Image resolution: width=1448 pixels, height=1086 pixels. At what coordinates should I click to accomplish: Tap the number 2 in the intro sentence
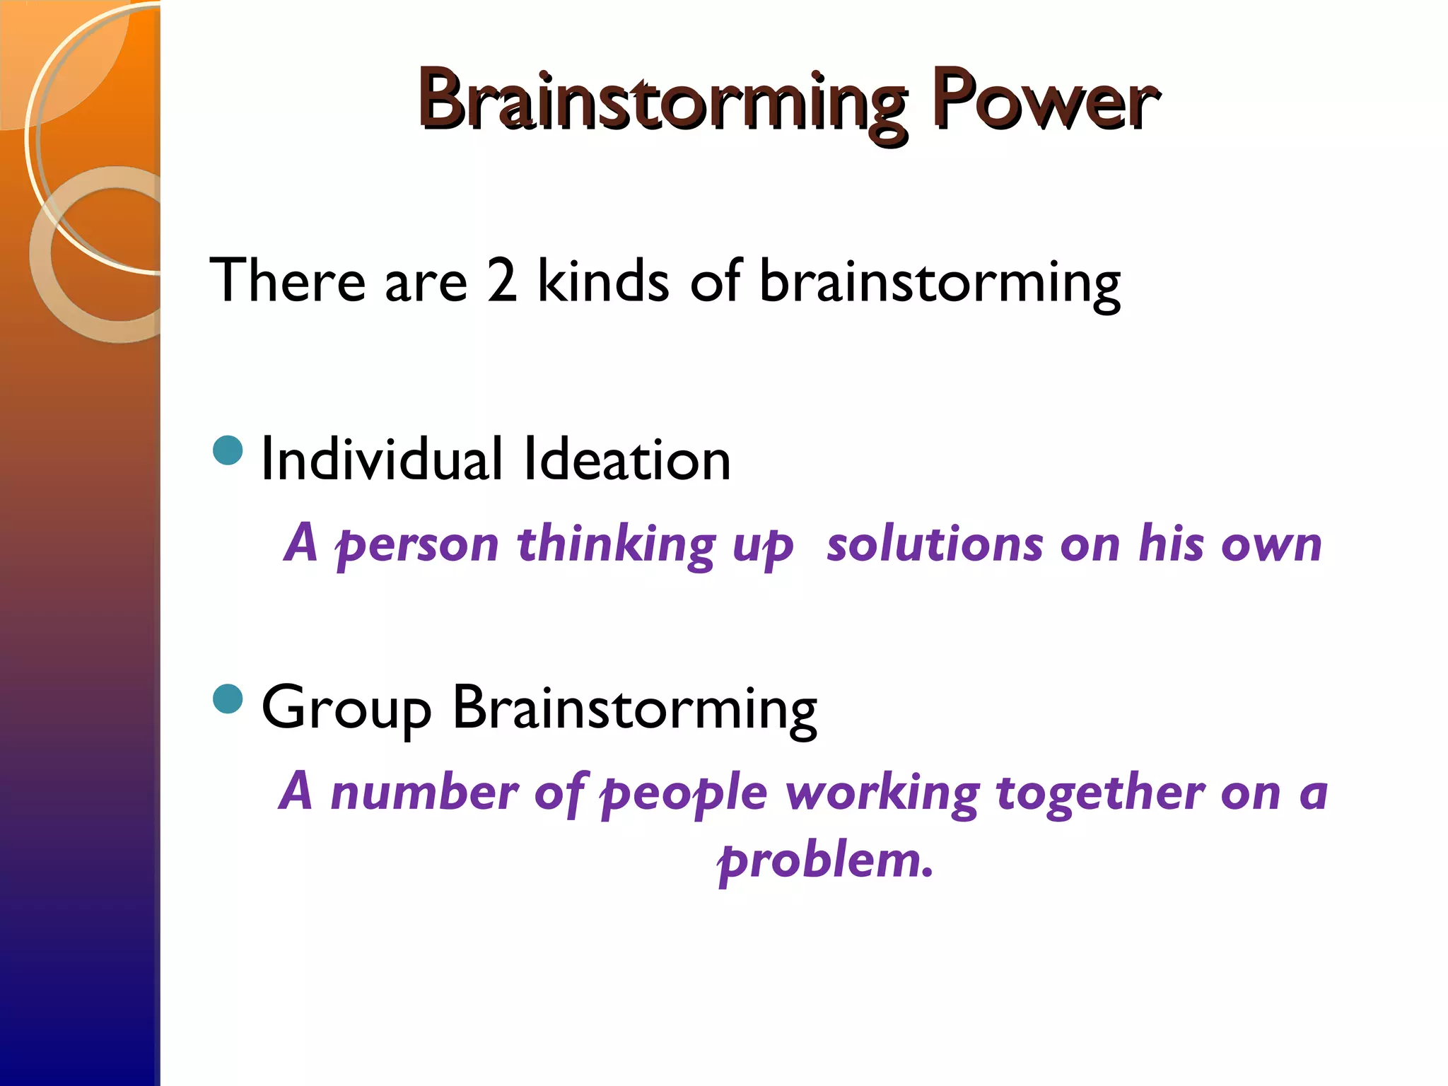(x=502, y=281)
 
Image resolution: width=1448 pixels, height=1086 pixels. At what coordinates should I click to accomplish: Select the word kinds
(x=602, y=281)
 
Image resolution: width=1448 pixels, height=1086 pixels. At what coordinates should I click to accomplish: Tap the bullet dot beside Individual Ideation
(x=228, y=450)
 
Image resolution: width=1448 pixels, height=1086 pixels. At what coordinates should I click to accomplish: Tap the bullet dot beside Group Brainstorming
(x=228, y=699)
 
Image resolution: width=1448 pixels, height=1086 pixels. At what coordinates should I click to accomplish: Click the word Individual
(x=382, y=460)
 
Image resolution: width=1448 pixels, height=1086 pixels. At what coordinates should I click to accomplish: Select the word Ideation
(x=627, y=460)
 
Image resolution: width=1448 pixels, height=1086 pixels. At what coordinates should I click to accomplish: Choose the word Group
(x=346, y=709)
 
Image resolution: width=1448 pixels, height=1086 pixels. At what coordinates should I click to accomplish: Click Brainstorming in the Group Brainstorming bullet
(x=634, y=709)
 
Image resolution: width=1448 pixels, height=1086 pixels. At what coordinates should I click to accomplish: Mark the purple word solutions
(x=935, y=544)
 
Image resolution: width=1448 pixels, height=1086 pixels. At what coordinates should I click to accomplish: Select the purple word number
(x=425, y=793)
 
